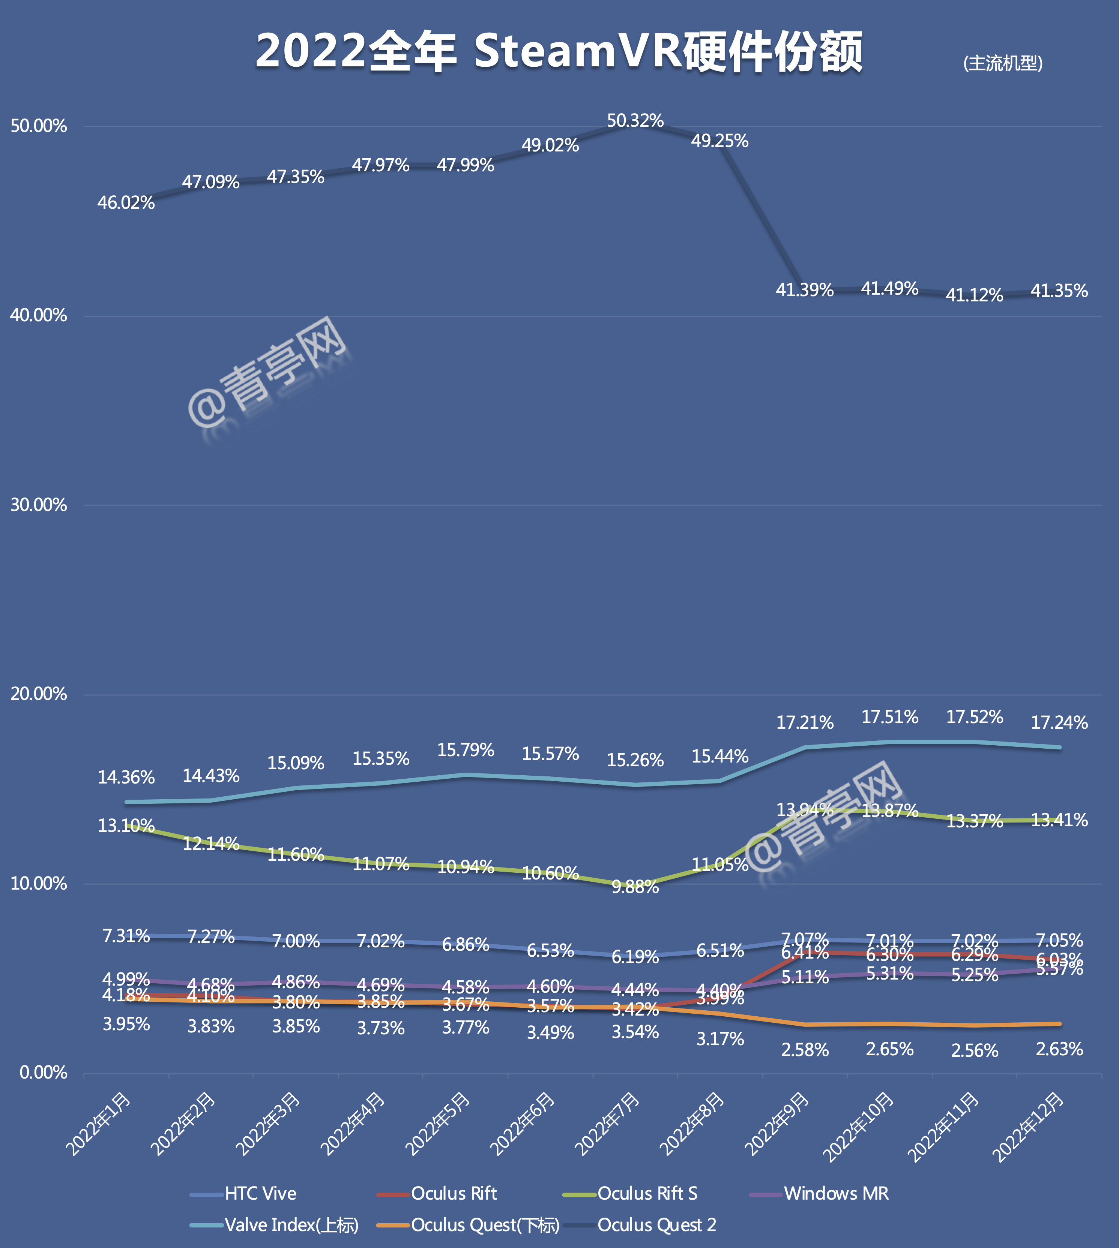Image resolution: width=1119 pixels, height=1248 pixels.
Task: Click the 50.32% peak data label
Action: (635, 121)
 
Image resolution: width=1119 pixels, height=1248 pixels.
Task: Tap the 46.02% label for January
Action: (126, 203)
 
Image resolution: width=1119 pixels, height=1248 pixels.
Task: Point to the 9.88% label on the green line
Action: (635, 887)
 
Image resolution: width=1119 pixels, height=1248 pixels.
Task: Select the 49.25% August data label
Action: (719, 141)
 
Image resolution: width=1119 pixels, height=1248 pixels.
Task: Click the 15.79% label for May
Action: (466, 750)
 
